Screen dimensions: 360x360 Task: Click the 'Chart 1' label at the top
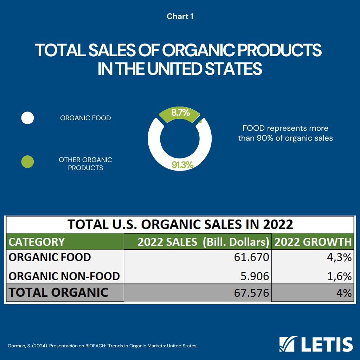tap(180, 17)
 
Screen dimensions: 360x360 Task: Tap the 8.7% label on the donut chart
tap(180, 113)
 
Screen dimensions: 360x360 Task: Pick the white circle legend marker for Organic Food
tap(27, 118)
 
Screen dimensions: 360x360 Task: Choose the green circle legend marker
tap(27, 162)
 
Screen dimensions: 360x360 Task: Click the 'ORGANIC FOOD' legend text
tap(85, 118)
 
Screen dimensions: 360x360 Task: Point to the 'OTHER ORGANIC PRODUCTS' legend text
tap(85, 164)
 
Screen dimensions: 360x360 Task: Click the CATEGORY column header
tap(37, 242)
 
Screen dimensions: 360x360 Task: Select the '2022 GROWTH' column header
tap(313, 242)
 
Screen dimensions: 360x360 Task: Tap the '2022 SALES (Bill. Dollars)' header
tap(203, 242)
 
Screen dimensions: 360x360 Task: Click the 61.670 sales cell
tap(251, 257)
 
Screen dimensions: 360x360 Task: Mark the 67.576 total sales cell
tap(251, 293)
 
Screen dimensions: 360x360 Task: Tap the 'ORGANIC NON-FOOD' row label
tap(64, 276)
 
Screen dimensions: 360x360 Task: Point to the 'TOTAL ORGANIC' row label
tap(58, 292)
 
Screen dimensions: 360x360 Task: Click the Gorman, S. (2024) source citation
tap(103, 346)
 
